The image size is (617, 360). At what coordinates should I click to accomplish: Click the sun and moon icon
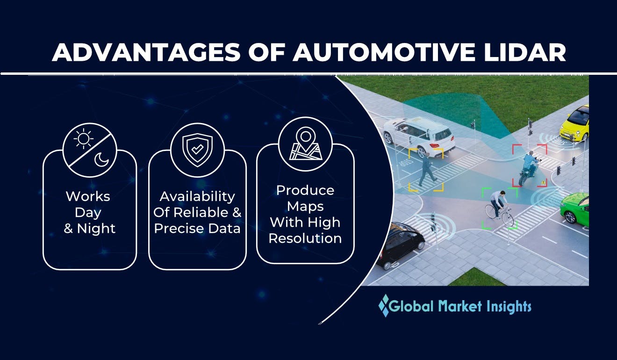89,150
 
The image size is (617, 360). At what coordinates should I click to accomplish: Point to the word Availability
197,196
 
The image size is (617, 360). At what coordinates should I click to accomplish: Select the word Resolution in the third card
305,238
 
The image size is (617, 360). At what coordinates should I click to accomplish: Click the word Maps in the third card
305,206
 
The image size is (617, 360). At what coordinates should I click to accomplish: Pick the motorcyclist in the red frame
529,167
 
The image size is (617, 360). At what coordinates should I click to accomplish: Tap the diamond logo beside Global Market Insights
384,306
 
